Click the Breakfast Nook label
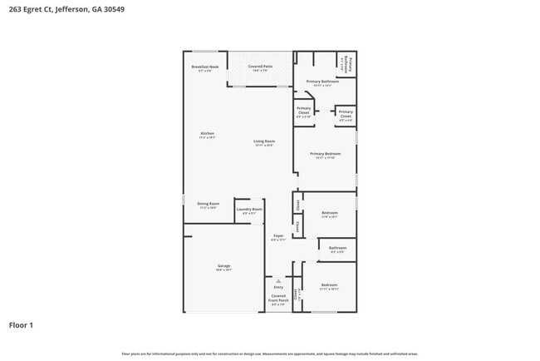204,67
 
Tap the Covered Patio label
261,67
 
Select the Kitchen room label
207,135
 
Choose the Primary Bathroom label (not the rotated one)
322,82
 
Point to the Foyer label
279,237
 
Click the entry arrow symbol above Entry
279,280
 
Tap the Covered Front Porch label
279,299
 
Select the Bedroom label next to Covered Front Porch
330,287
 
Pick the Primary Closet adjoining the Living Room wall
304,113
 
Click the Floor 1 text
21,324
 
